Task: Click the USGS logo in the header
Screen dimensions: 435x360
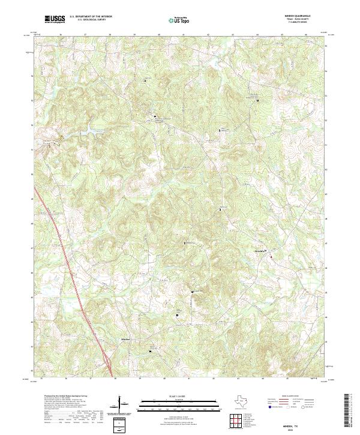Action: point(55,20)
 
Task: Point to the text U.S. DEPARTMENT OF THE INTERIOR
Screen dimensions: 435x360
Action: point(90,17)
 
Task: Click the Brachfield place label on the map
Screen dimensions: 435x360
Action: point(260,250)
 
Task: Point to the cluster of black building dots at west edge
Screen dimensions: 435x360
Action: point(53,142)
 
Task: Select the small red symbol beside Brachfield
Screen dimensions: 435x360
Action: point(271,256)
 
